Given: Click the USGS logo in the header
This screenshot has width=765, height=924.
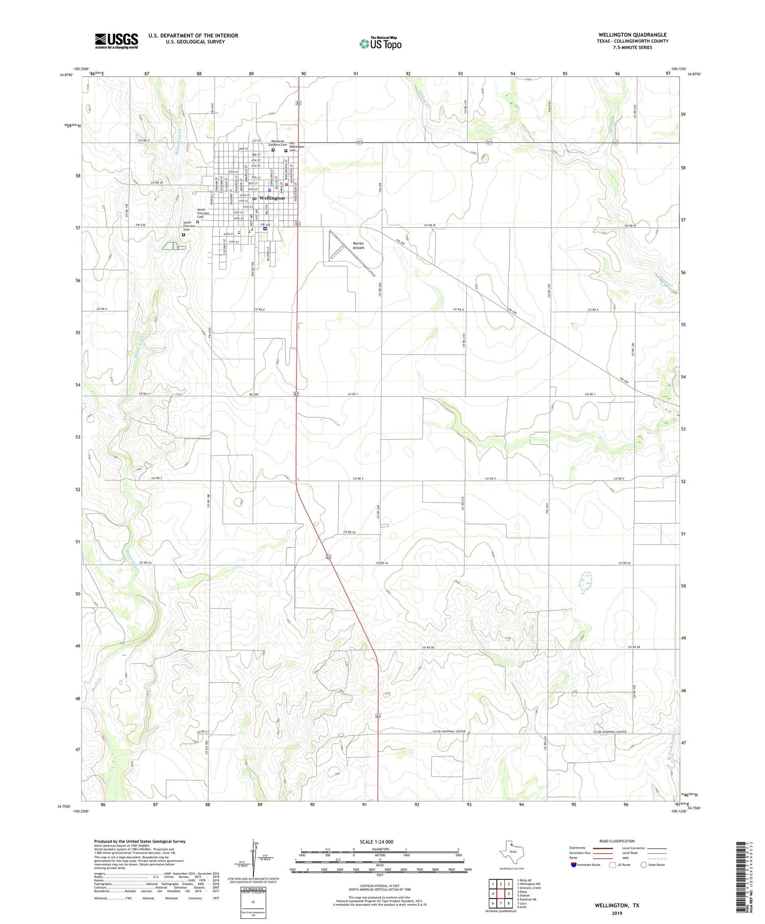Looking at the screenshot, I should pos(116,41).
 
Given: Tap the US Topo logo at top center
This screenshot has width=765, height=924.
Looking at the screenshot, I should pos(380,43).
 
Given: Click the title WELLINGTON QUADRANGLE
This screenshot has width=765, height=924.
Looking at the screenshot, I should pos(633,35).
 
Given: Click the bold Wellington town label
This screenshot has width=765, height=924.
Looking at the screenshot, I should pos(272,198).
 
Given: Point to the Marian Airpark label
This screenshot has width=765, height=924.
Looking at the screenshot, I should pos(359,246).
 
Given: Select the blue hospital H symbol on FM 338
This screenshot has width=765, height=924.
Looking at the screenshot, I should pos(265,229).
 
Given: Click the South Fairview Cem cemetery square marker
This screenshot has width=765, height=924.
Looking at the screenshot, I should pos(184,234).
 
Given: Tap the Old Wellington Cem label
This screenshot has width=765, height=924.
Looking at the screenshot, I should pos(296,147).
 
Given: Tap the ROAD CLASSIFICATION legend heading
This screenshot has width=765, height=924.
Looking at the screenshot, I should pos(617,841).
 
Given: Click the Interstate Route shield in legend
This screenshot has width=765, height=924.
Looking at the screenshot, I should pos(574,865).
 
